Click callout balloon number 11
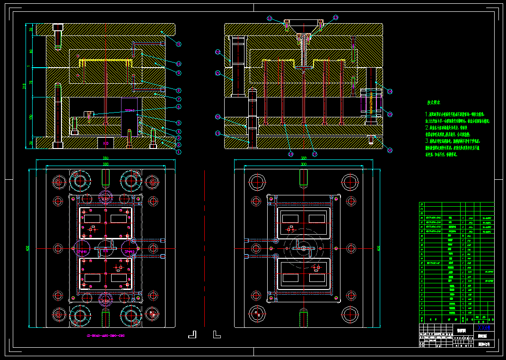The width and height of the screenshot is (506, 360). [179, 44]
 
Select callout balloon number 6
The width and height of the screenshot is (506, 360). [179, 107]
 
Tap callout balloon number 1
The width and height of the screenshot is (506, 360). [179, 152]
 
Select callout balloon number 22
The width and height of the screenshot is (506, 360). [218, 133]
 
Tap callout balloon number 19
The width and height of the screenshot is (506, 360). [218, 52]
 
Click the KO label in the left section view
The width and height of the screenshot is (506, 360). [105, 142]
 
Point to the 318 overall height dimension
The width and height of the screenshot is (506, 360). [25, 86]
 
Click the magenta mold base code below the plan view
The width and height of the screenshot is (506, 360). [105, 335]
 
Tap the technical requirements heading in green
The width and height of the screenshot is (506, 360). [434, 102]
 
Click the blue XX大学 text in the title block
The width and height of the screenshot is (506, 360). [483, 327]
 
